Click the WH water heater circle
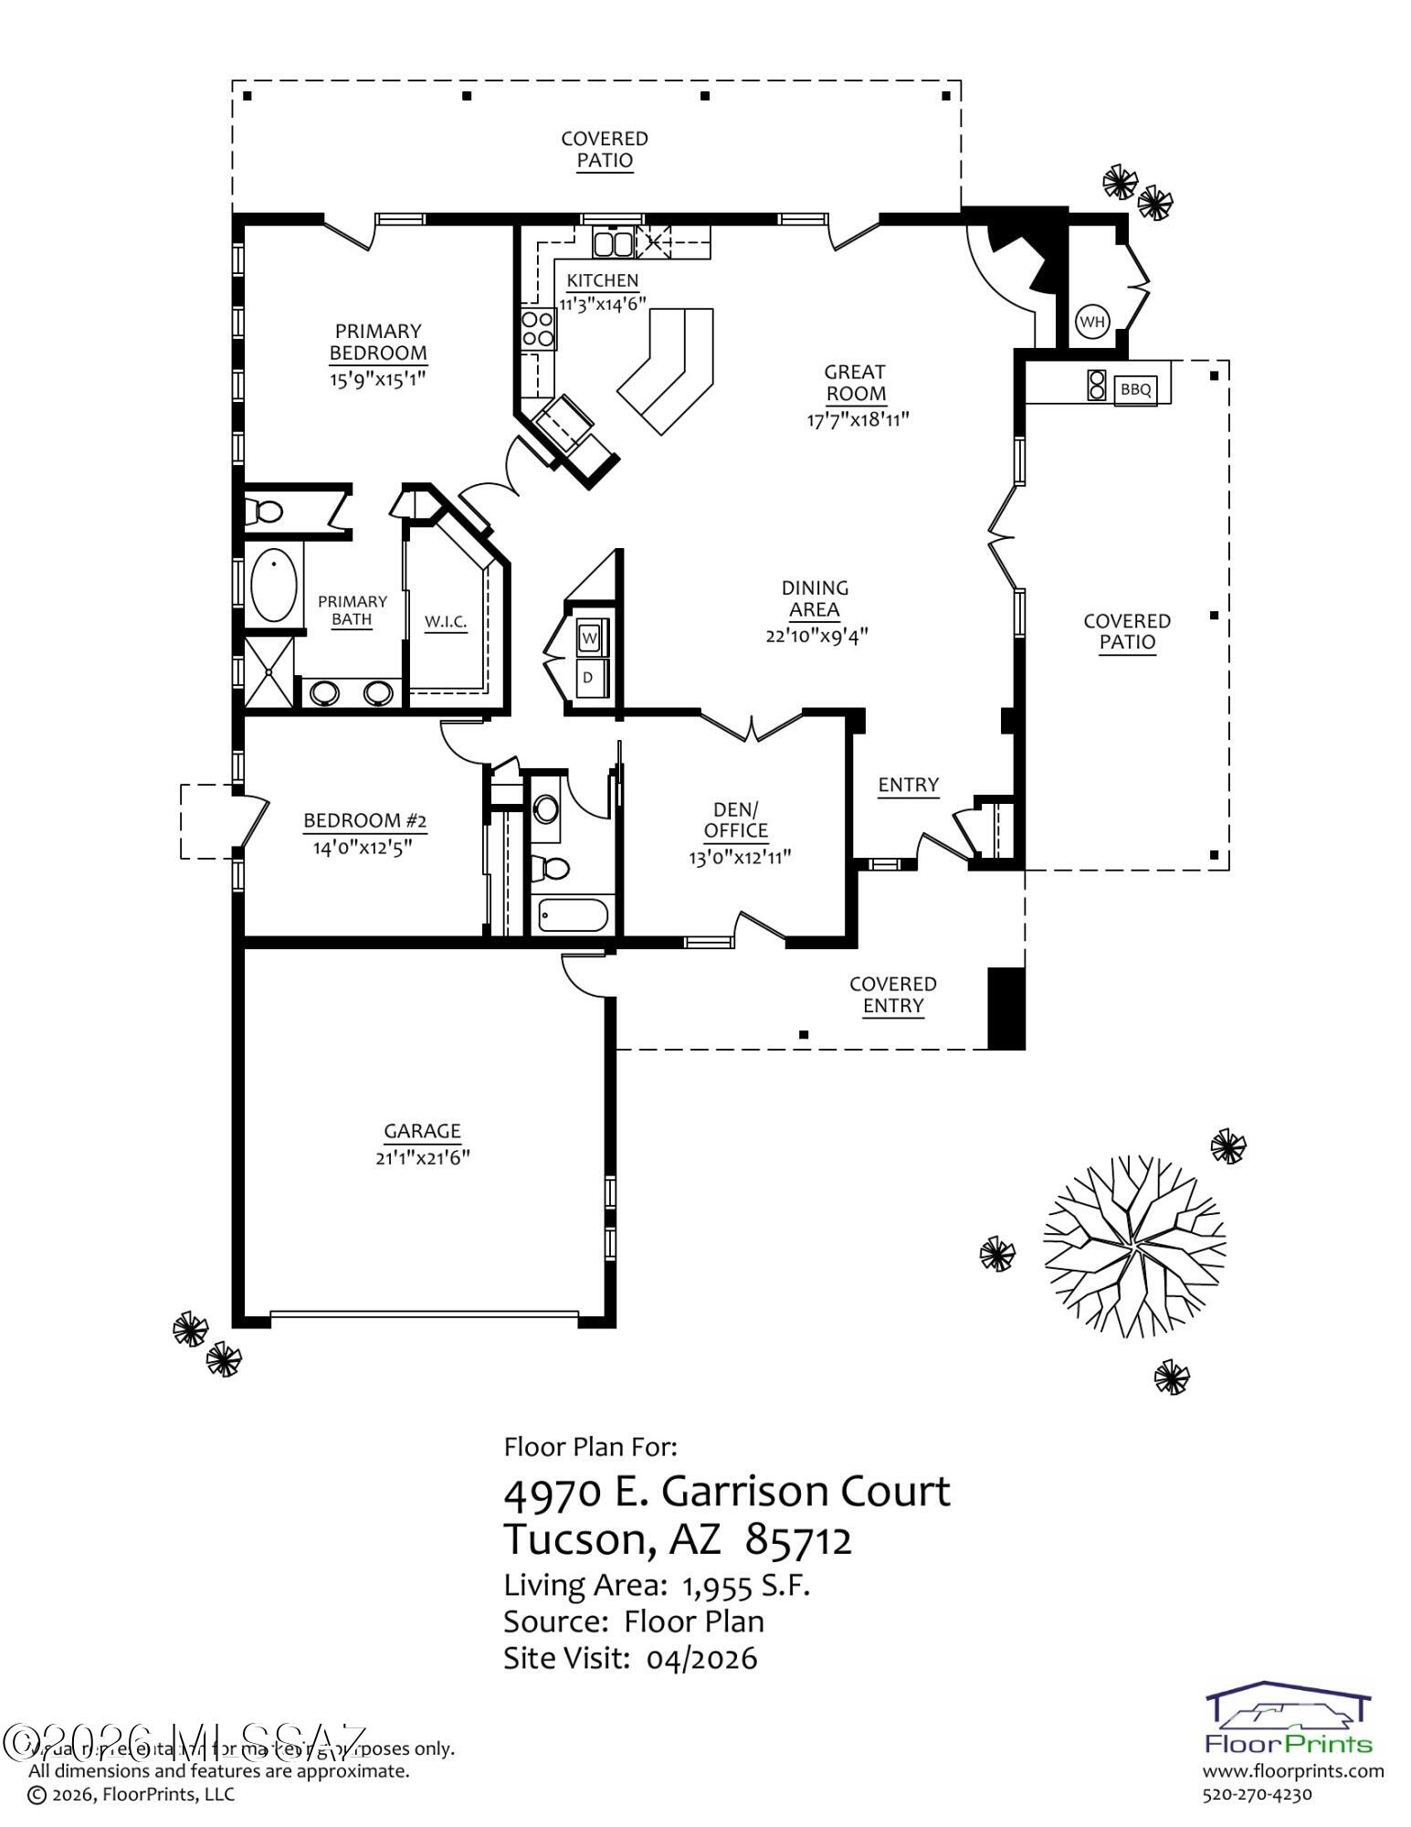[1091, 322]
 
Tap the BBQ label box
[1135, 389]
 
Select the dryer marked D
[589, 677]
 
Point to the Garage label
[422, 1131]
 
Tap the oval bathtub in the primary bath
[273, 584]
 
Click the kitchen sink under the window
[612, 243]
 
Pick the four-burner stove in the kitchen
[538, 329]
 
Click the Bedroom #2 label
[364, 820]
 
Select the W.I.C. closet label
[446, 622]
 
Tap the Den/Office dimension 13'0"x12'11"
[739, 857]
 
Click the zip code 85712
[798, 1539]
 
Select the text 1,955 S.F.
[746, 1586]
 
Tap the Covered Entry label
[892, 995]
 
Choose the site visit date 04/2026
[701, 1658]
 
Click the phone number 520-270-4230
[1257, 1794]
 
